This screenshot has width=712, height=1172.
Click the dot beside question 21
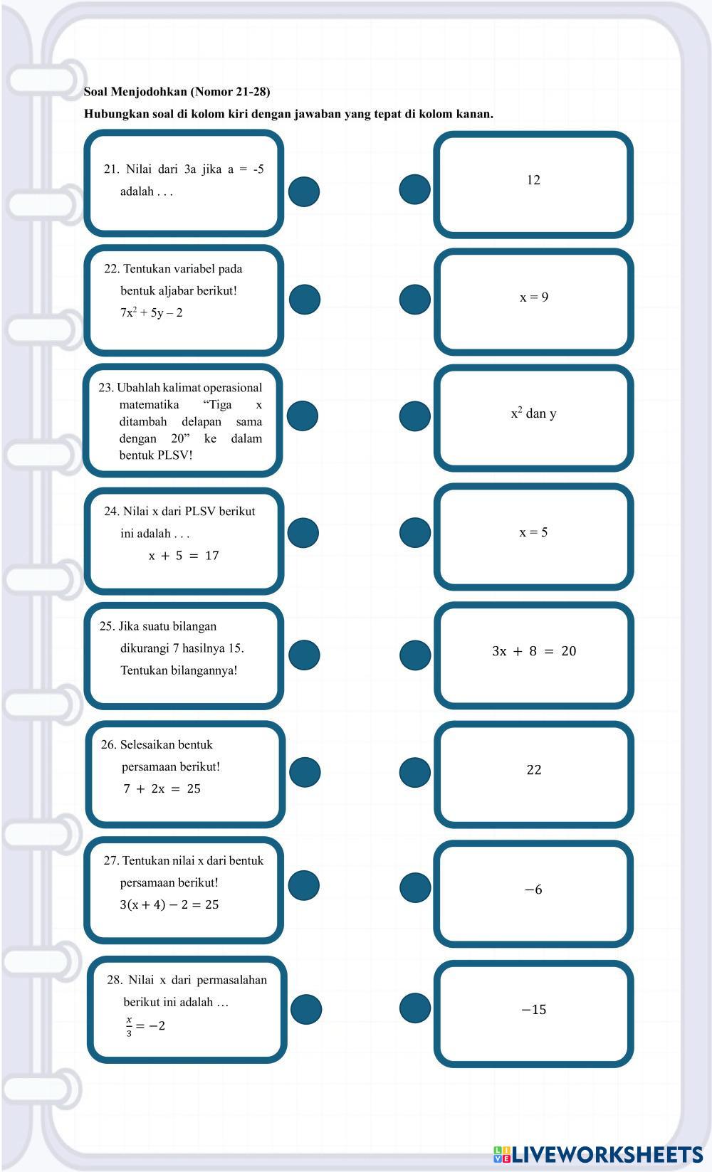[304, 191]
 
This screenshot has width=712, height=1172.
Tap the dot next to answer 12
[414, 189]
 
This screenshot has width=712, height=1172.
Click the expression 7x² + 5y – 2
[151, 313]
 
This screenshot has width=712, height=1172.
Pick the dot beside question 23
[303, 416]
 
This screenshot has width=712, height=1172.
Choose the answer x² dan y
[534, 413]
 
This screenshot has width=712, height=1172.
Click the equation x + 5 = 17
[184, 556]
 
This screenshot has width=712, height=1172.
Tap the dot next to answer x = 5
[414, 532]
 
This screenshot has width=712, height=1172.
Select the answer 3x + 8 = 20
[534, 651]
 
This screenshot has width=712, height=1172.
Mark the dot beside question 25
[304, 655]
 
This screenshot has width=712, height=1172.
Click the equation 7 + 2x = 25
[162, 788]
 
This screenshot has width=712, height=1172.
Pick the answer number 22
[534, 770]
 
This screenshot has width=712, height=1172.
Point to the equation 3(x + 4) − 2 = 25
[169, 905]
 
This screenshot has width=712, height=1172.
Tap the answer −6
[533, 889]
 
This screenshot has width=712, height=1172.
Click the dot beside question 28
[306, 1009]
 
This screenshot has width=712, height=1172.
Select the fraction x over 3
[130, 1026]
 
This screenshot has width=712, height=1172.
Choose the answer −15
[534, 1010]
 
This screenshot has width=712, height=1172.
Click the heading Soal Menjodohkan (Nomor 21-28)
[177, 92]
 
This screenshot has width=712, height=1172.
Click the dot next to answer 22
[414, 772]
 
